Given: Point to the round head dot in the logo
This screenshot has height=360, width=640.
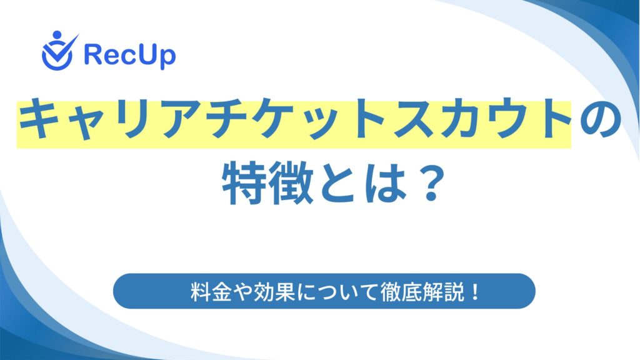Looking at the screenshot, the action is [x=57, y=35].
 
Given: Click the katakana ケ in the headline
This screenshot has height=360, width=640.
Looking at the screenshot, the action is [x=272, y=119].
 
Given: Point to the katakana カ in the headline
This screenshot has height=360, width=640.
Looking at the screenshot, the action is [x=457, y=119].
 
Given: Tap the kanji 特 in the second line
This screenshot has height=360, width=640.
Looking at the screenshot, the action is [x=245, y=182].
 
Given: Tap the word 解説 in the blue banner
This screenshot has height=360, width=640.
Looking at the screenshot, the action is [x=443, y=291].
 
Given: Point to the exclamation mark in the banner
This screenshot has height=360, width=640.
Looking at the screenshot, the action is [x=475, y=291].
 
